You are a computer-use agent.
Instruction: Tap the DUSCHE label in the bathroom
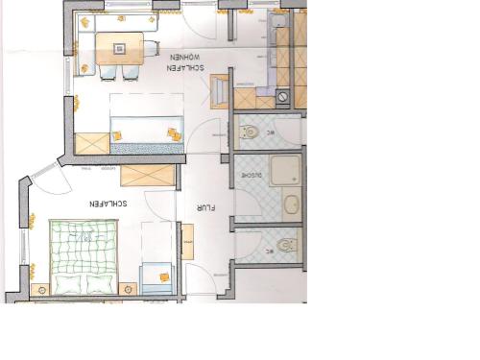251,175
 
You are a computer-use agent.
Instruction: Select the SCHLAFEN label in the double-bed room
108,204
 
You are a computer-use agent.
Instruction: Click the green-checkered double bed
84,257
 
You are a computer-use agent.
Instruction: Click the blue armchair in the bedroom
157,279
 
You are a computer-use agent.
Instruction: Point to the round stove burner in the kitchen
284,98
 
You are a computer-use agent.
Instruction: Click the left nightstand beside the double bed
41,288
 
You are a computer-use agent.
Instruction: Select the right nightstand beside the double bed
128,287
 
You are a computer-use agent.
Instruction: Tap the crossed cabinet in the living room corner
92,143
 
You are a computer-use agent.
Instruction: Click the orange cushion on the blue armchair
164,277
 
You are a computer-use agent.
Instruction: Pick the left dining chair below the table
108,71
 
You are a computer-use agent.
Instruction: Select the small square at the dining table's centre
121,44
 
